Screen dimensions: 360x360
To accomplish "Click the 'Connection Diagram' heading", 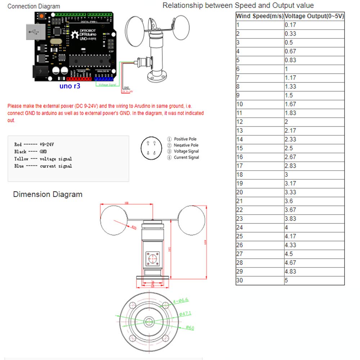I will point(34,6).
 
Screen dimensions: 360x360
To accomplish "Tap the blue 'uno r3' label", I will point(69,86).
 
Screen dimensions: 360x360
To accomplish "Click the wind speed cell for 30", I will point(240,280).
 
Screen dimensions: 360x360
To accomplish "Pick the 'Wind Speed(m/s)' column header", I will point(260,16).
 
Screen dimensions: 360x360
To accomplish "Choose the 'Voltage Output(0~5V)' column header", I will point(314,16).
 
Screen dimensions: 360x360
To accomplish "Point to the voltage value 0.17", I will point(290,25).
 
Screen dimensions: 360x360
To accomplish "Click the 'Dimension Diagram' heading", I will point(48,194).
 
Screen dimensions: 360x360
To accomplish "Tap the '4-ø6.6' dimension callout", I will point(181,300).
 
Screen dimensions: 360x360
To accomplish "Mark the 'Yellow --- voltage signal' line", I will point(43,159).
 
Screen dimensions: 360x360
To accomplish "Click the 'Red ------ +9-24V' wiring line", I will point(34,144).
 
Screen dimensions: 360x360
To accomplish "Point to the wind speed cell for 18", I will point(240,175).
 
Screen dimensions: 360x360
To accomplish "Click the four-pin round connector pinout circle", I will point(150,148).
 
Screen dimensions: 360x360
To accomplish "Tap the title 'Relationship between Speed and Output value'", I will point(238,5).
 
